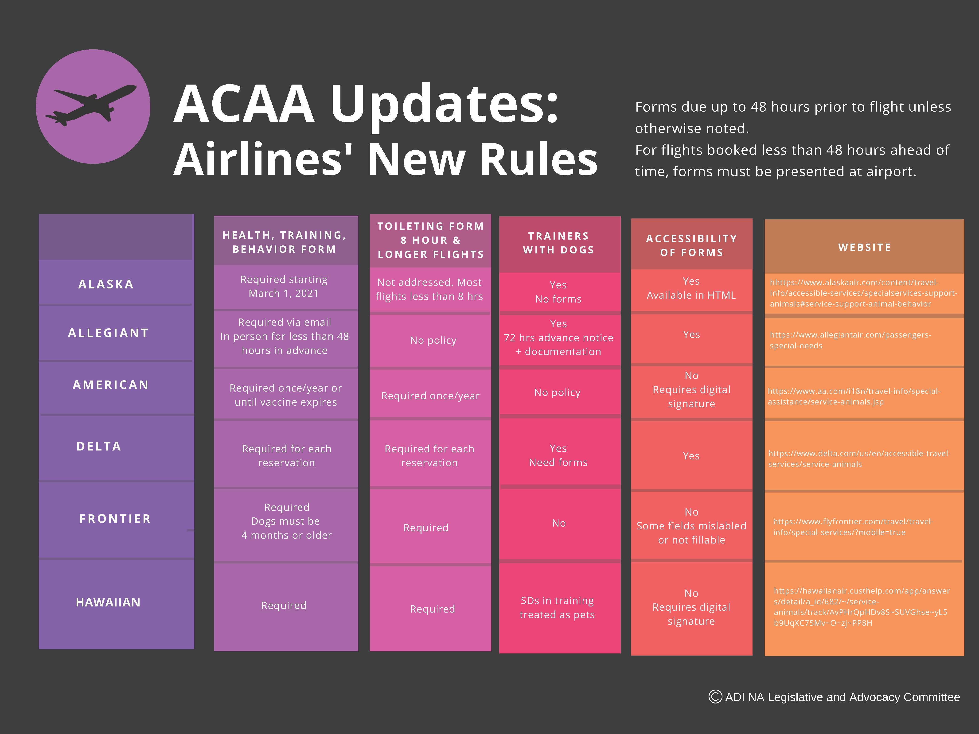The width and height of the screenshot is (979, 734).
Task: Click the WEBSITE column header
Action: tap(864, 247)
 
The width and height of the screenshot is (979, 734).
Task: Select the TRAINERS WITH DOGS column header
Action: tap(558, 243)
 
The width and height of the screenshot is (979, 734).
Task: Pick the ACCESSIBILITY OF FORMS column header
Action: tap(691, 245)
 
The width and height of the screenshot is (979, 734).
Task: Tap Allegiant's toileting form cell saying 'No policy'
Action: tap(433, 340)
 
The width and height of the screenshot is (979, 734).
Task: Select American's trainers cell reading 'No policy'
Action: tap(557, 392)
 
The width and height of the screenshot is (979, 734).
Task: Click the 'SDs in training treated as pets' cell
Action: tap(557, 607)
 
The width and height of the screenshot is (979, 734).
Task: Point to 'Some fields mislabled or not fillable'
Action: tap(691, 526)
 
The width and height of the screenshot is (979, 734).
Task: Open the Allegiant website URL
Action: tap(850, 340)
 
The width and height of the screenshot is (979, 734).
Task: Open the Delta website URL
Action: tap(859, 459)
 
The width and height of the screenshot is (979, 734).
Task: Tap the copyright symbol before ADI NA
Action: tap(715, 697)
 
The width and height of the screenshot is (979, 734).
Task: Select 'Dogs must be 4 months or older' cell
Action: tap(286, 528)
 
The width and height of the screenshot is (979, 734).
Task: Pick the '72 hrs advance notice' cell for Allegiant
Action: tap(558, 338)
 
